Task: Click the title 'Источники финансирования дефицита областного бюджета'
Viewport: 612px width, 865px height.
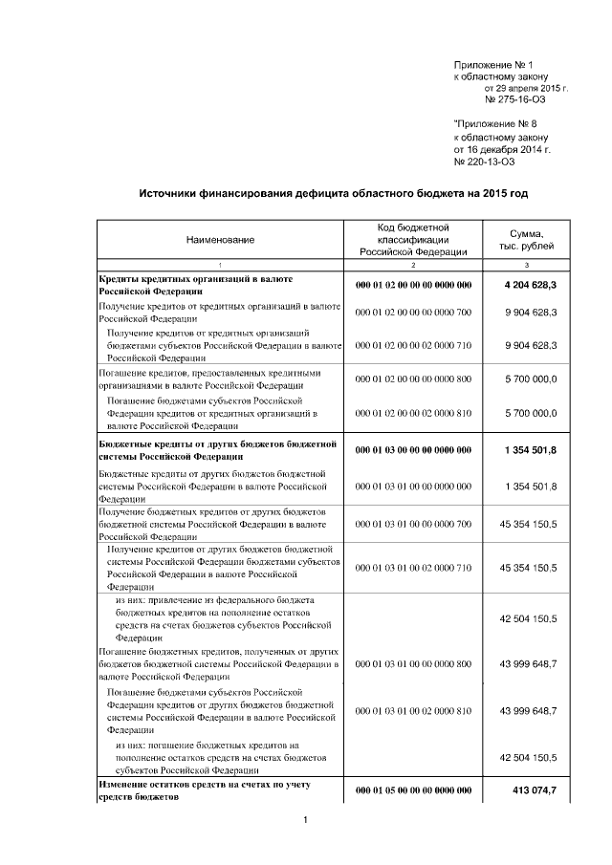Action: pyautogui.click(x=333, y=193)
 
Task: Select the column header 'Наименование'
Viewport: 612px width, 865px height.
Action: pyautogui.click(x=220, y=240)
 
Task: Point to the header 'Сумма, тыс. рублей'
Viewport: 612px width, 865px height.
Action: pyautogui.click(x=527, y=240)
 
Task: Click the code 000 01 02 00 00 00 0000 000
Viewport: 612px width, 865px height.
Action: pyautogui.click(x=413, y=285)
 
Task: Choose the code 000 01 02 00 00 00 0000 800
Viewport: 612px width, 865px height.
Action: pyautogui.click(x=413, y=379)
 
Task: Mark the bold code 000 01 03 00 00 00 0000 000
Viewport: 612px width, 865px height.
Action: pyautogui.click(x=413, y=450)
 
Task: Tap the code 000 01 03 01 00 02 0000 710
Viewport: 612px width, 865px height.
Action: pyautogui.click(x=413, y=568)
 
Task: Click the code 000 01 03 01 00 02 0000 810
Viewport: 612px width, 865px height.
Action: pyautogui.click(x=413, y=710)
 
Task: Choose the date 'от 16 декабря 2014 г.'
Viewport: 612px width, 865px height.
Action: pyautogui.click(x=501, y=150)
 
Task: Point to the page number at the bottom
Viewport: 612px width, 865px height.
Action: pyautogui.click(x=304, y=820)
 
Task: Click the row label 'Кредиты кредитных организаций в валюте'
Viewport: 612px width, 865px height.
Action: pyautogui.click(x=196, y=278)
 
